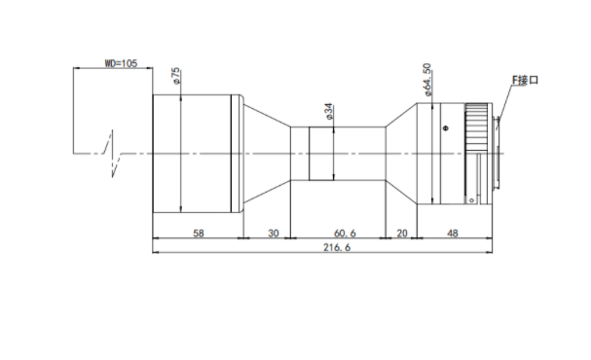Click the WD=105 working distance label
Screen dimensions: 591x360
tap(121, 63)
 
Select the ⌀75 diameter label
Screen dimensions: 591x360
tap(176, 77)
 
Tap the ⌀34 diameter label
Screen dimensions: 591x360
tap(329, 112)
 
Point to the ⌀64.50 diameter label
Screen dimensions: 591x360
tap(427, 80)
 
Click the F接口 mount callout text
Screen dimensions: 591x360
tap(525, 80)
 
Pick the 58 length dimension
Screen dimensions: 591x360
tap(199, 234)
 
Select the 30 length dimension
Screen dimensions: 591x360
tap(274, 234)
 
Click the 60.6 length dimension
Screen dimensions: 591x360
tap(345, 234)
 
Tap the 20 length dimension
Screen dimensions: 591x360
tap(402, 234)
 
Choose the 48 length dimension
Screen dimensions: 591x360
tap(453, 234)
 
